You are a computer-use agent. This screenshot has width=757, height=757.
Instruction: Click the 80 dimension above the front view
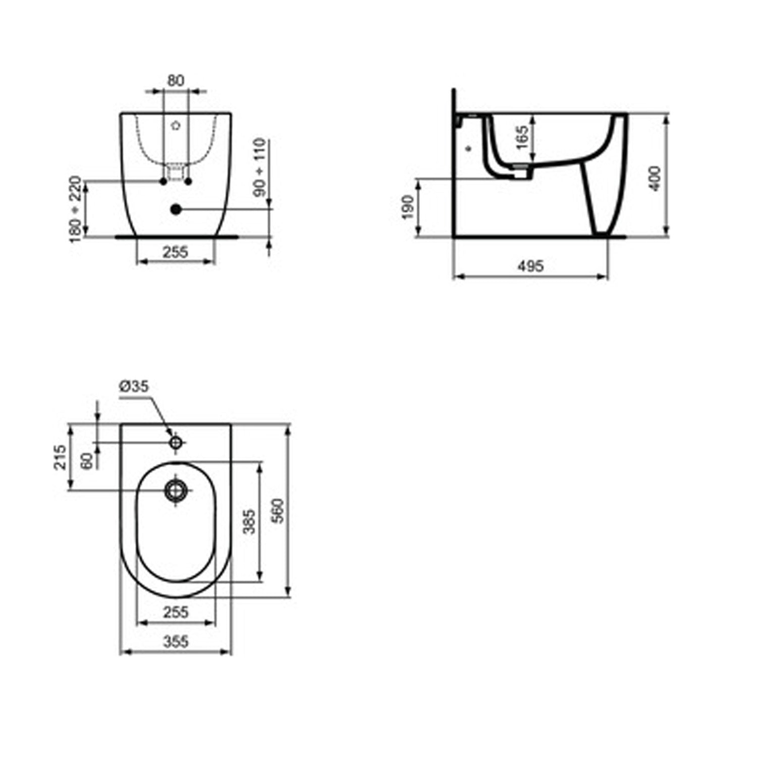click(176, 80)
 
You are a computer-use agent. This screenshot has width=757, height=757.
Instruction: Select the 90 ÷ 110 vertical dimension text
click(260, 168)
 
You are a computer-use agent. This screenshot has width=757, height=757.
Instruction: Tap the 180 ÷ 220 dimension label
click(75, 208)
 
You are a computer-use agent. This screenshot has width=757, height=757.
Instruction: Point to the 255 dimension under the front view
click(175, 251)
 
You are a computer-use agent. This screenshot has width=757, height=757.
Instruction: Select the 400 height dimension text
click(655, 178)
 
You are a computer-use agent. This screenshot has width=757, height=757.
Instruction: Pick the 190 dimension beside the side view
click(407, 207)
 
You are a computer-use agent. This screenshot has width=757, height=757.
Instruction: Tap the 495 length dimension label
click(530, 266)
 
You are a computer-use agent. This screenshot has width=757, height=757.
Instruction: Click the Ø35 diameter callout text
click(134, 387)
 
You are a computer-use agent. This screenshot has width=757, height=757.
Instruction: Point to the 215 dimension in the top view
click(60, 457)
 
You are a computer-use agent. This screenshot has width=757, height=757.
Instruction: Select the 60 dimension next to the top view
click(87, 460)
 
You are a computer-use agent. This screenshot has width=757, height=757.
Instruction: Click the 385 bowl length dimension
click(249, 521)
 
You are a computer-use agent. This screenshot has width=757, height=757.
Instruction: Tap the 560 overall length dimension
click(278, 511)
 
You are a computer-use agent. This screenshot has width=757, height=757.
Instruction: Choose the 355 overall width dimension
click(176, 641)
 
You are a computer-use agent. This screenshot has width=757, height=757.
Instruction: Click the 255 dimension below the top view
click(176, 612)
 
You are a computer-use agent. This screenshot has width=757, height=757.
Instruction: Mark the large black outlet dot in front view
click(176, 209)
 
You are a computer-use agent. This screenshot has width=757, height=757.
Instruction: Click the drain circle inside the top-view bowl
click(176, 489)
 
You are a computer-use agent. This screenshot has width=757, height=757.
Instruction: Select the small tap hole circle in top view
click(176, 443)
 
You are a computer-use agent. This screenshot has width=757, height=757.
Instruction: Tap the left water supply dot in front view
click(163, 181)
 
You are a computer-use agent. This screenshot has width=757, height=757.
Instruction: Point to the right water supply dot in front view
click(188, 181)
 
